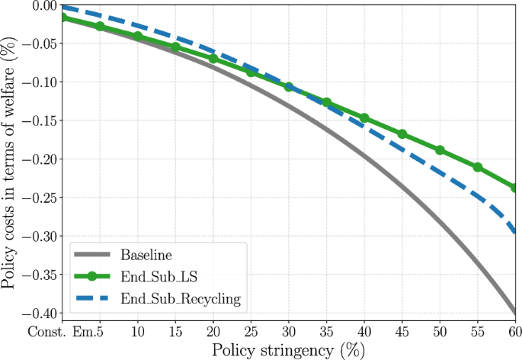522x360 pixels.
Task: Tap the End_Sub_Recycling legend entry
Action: coord(181,299)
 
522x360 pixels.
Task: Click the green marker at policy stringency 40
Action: coord(364,118)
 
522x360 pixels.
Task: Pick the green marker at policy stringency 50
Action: coord(440,150)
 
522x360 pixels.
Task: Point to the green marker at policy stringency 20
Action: coord(213,59)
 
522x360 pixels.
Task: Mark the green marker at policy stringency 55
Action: coord(478,167)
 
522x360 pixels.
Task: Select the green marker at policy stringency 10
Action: coord(138,37)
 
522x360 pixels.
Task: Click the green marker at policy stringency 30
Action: coord(289,87)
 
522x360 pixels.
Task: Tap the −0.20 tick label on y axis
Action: coord(40,159)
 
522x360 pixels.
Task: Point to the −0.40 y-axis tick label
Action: coord(40,313)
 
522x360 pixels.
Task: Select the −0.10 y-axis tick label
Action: coord(40,82)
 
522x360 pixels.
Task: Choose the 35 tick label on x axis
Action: coord(326,333)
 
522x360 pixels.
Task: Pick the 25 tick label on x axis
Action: coord(251,333)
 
